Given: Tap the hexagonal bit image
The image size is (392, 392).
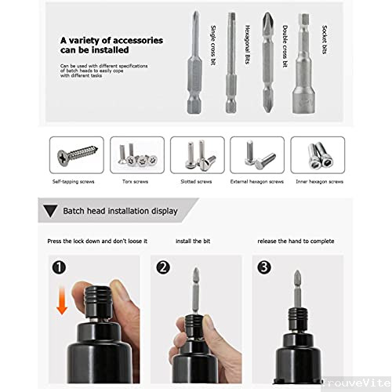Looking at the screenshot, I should tap(230, 63).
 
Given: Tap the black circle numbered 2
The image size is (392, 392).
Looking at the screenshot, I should tap(162, 267).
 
